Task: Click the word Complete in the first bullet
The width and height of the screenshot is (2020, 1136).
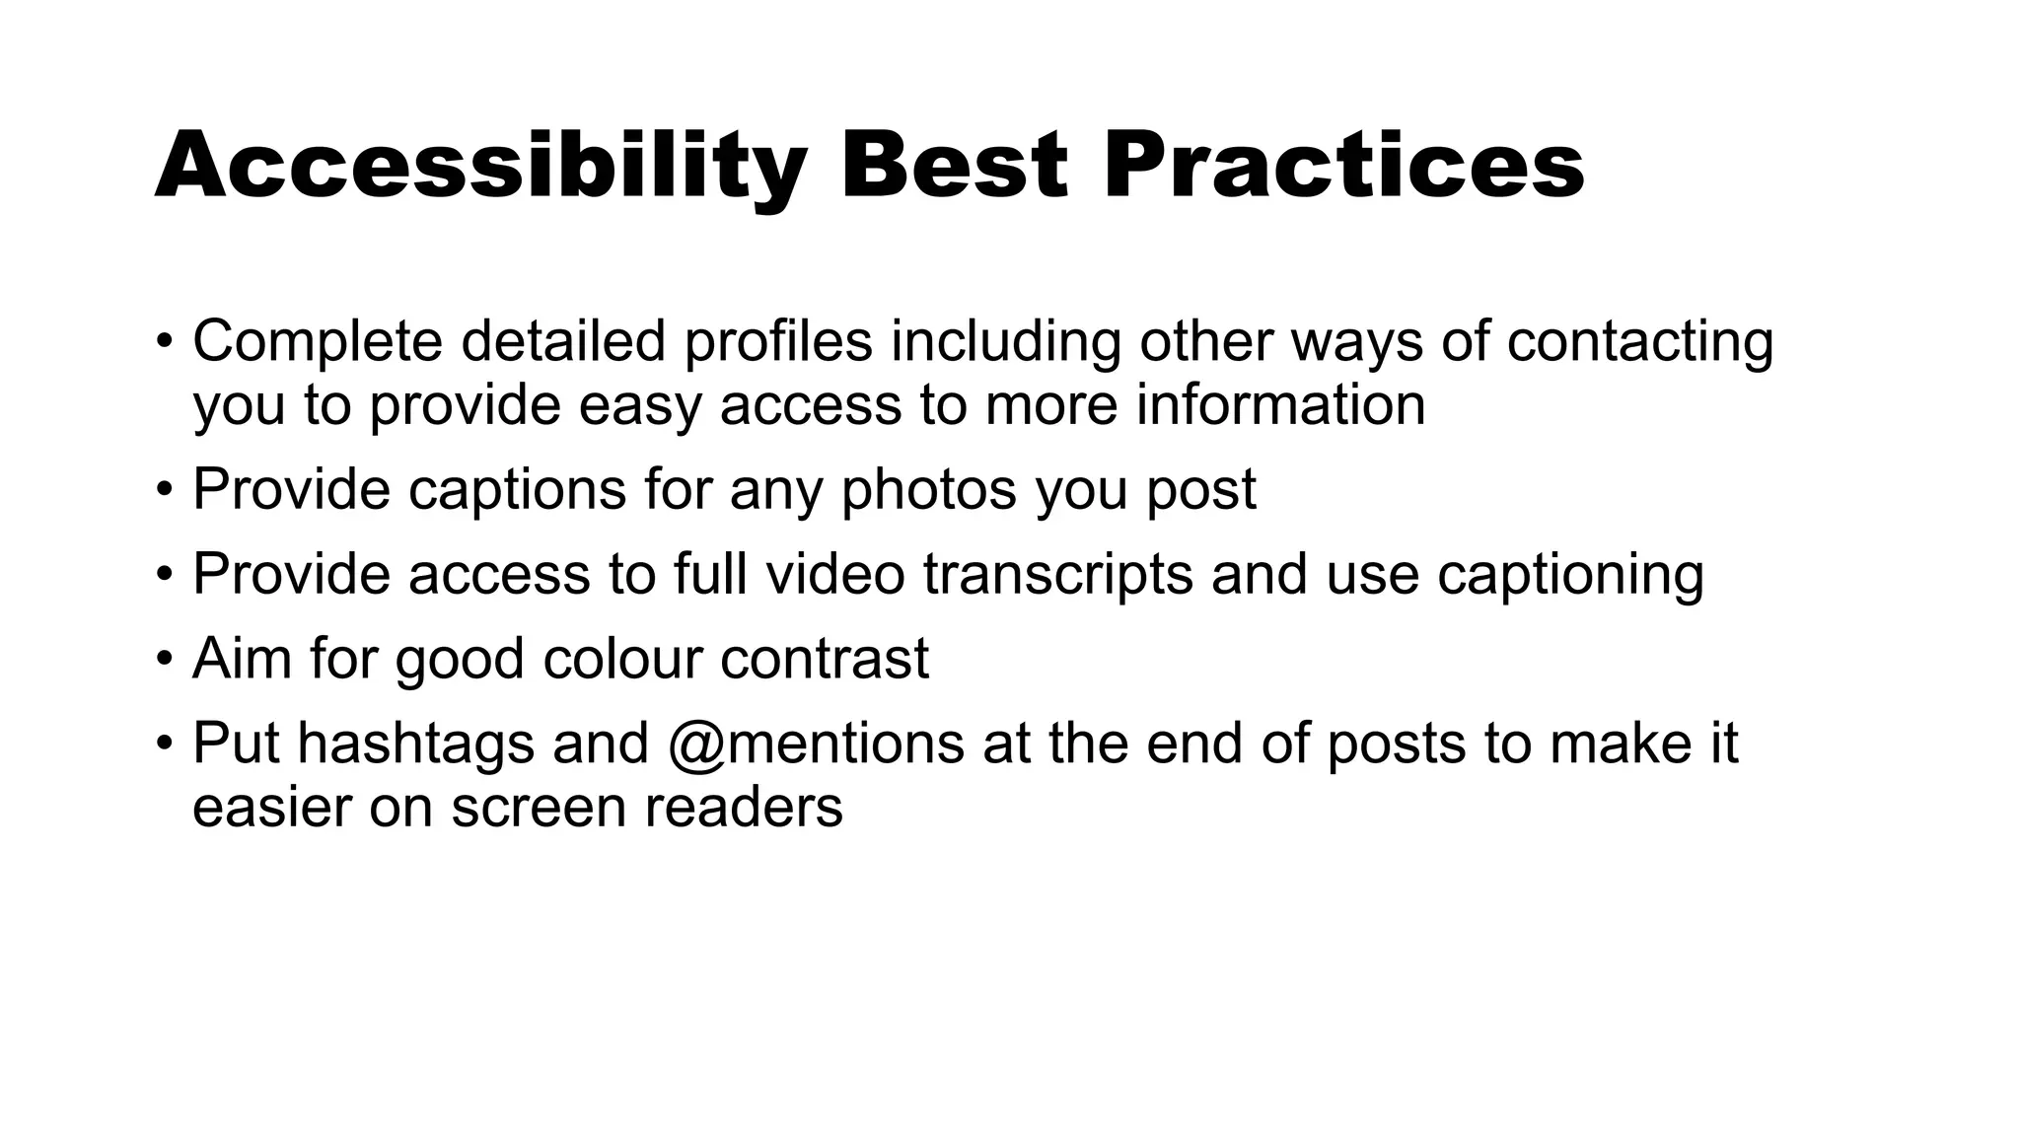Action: pos(318,342)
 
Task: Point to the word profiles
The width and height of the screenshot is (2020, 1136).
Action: pos(778,342)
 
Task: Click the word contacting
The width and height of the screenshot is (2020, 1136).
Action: pos(1639,342)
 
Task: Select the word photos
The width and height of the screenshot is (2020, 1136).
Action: pos(928,489)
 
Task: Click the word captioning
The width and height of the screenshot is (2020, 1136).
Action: pos(1570,575)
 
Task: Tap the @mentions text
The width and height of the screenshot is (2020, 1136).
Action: pos(816,744)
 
